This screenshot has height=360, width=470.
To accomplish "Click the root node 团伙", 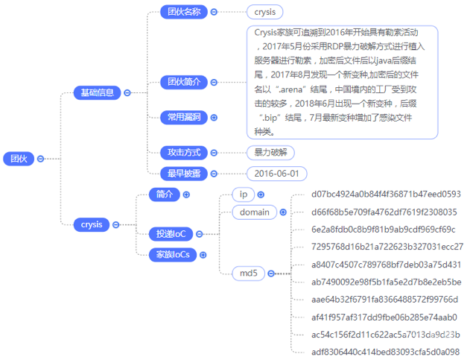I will click(17, 158).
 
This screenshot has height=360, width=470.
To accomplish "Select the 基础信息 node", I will click(98, 92).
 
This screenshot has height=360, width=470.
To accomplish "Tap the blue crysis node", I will click(92, 224).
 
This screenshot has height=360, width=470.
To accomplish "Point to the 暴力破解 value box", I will click(270, 152).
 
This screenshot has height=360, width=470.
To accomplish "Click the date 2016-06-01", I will click(276, 174).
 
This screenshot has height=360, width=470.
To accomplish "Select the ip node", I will click(243, 194).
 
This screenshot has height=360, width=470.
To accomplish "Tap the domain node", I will click(254, 212).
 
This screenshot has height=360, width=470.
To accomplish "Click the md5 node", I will click(248, 274).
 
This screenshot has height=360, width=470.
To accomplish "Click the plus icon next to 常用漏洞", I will click(215, 117).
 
